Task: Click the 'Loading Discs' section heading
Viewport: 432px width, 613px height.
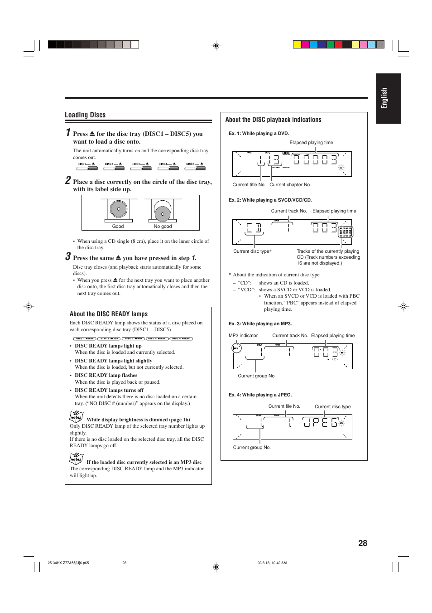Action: [85, 115]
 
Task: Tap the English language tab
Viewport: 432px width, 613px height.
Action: [388, 98]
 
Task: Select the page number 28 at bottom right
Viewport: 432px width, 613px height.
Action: [362, 543]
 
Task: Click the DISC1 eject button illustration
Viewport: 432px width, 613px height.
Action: [87, 167]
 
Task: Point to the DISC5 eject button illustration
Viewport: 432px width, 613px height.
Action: [195, 167]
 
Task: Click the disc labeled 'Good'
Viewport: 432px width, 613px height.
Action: [118, 210]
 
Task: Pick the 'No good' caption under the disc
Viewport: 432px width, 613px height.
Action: [163, 227]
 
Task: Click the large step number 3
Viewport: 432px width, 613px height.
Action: [68, 257]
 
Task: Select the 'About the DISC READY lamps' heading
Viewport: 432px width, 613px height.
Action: [109, 314]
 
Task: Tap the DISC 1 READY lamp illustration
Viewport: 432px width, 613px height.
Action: [85, 338]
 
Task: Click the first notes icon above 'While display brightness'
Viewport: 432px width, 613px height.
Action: [76, 416]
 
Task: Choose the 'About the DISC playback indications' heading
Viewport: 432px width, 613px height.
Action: [273, 120]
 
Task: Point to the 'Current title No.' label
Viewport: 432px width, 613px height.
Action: [249, 185]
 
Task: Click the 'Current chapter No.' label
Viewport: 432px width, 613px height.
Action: [290, 185]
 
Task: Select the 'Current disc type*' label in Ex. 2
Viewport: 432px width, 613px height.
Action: [252, 251]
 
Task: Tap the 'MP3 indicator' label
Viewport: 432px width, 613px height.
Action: [243, 336]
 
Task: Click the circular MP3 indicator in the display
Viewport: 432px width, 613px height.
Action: [236, 348]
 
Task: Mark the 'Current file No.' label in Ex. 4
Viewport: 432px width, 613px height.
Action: [284, 406]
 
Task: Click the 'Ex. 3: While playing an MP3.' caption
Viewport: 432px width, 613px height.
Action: [260, 324]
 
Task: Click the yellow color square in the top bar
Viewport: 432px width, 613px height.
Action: [297, 44]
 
